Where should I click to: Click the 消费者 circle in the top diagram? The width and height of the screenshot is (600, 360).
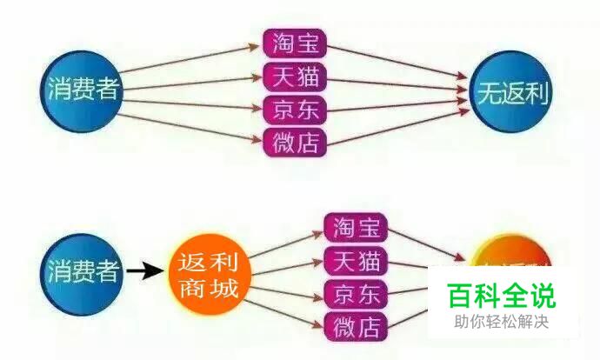click(x=83, y=90)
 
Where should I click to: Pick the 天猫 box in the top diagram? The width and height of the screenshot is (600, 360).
click(x=294, y=77)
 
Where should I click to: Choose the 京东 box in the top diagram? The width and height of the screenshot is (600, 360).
click(x=294, y=109)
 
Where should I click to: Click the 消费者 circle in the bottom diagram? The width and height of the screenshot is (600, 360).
click(x=83, y=271)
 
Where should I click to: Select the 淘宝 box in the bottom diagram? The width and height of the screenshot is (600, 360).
click(x=356, y=227)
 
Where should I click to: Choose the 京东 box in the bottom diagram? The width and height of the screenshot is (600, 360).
click(x=356, y=293)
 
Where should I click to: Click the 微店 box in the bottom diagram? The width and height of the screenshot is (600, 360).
click(x=356, y=326)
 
